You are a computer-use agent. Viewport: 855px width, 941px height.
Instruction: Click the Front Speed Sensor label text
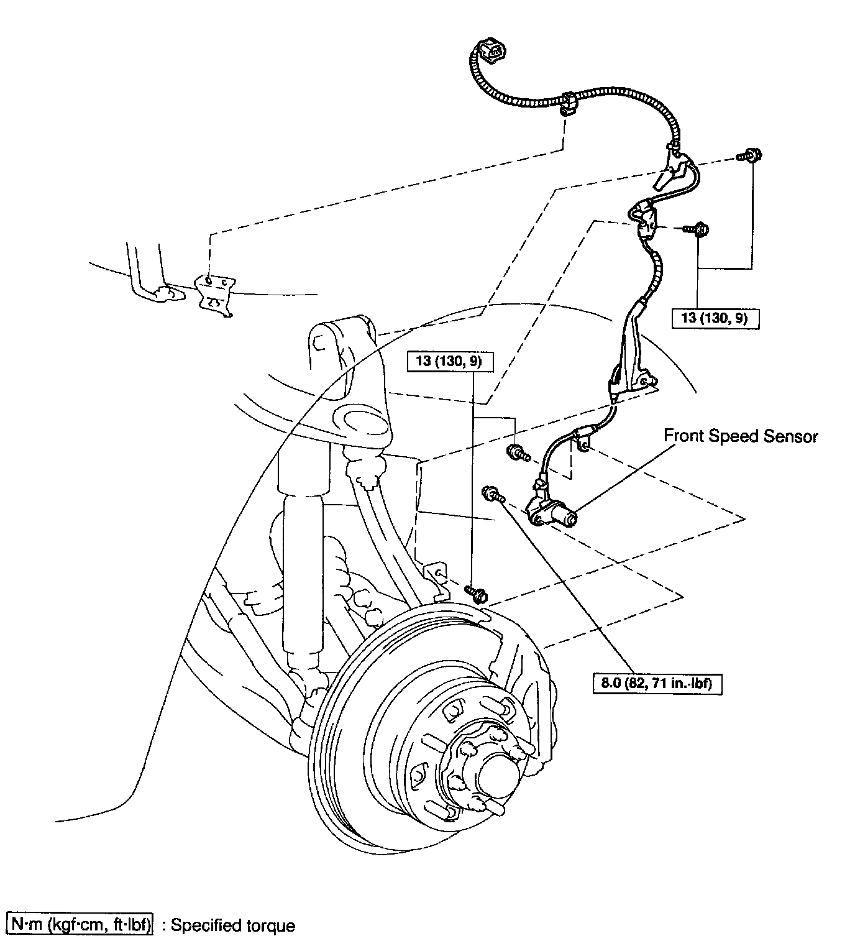click(x=741, y=436)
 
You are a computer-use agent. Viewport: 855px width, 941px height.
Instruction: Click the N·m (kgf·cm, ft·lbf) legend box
click(x=79, y=925)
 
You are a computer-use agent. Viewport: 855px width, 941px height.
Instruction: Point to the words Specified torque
click(x=233, y=925)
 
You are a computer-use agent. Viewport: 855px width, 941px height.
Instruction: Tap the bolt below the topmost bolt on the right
click(x=700, y=229)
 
